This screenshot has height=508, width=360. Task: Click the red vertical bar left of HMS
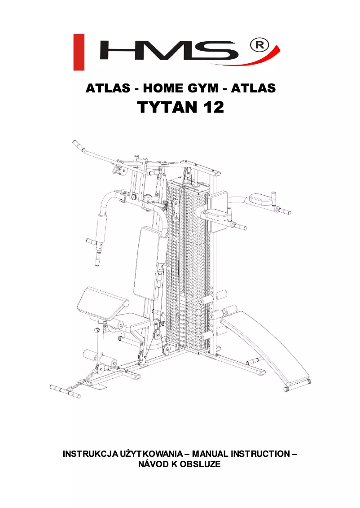[79, 52]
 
